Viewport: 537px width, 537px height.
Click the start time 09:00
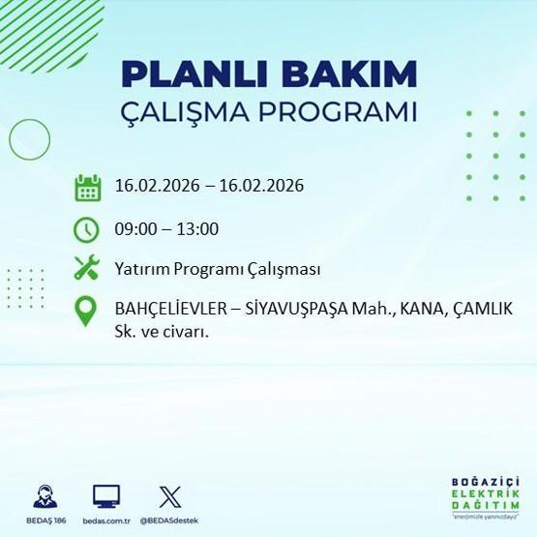(x=134, y=229)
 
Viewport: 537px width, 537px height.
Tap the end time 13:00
(x=199, y=229)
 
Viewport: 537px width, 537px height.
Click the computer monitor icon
(x=106, y=496)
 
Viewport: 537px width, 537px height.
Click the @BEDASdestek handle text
(x=169, y=522)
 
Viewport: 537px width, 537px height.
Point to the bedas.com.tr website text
(x=106, y=522)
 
